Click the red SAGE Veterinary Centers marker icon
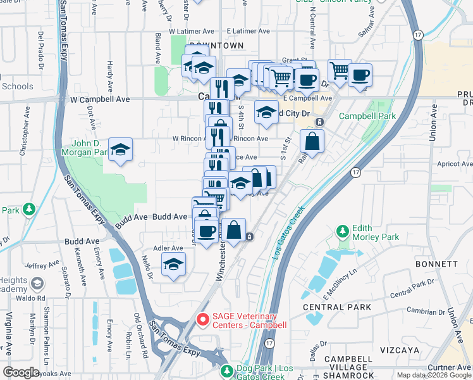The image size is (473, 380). [x=202, y=320]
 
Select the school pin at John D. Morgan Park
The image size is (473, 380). [x=120, y=151]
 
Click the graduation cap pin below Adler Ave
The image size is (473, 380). [x=173, y=265]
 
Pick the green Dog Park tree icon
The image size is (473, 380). [x=226, y=369]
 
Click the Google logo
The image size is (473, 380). [x=21, y=372]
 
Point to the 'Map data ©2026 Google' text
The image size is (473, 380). [x=434, y=375]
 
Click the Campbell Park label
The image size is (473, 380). [x=367, y=117]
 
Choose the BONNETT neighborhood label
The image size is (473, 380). [x=436, y=263]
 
